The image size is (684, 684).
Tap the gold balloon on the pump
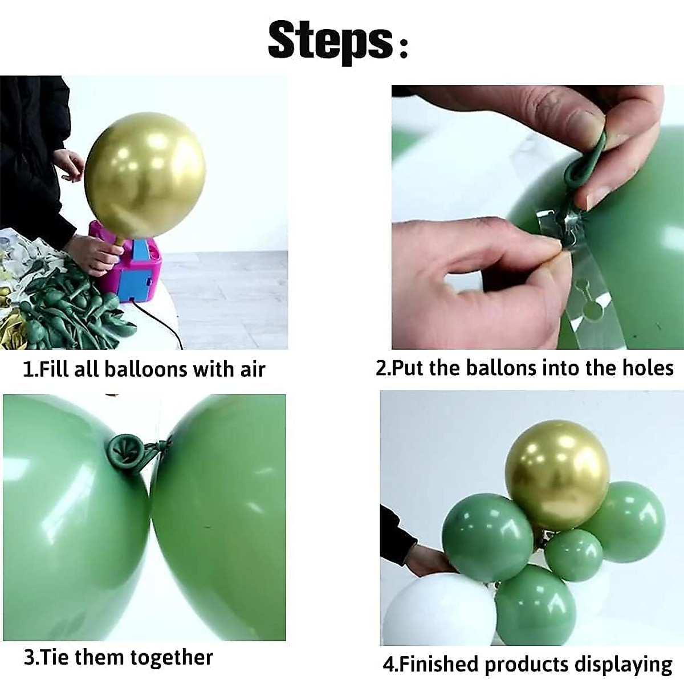tap(145, 182)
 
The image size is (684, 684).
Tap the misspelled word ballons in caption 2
tap(502, 368)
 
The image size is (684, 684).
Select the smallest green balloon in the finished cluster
tap(573, 555)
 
